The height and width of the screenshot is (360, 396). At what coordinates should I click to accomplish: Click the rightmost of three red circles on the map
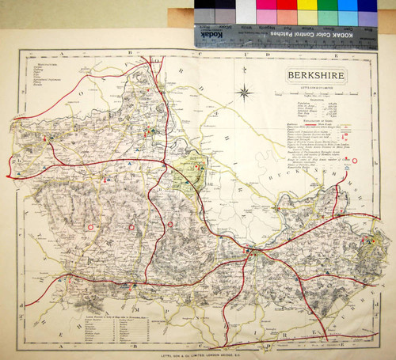(x=170, y=225)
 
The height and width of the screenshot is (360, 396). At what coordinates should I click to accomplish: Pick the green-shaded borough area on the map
(x=190, y=166)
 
